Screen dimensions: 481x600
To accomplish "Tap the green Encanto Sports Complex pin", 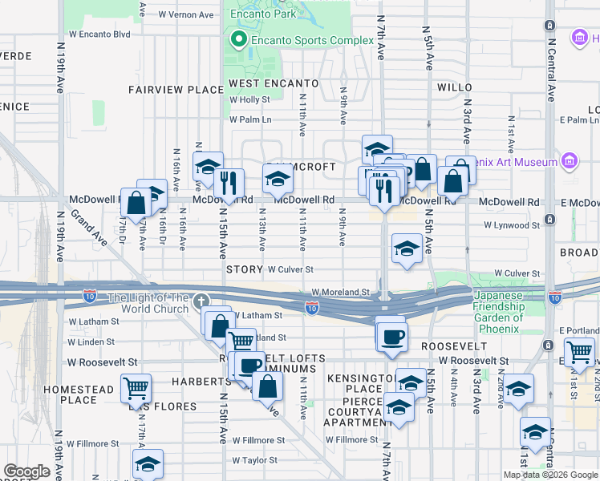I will [x=238, y=38].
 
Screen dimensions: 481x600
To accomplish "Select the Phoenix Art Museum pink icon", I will [x=570, y=161].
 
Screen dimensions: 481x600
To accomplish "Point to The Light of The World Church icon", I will [x=201, y=301].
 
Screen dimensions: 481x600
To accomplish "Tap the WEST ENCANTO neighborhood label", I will [x=274, y=83].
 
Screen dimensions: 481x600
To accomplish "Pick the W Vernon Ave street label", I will [x=186, y=14].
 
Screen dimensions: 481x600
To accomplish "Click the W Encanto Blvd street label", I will [x=99, y=34].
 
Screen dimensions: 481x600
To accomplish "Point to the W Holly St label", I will [x=249, y=99].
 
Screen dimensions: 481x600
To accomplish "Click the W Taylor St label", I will [x=255, y=460].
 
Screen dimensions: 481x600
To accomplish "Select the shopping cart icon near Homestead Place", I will [x=136, y=389].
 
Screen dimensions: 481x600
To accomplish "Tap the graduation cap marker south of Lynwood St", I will [x=407, y=249].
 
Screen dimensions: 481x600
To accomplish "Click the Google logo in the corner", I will [x=26, y=471].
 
